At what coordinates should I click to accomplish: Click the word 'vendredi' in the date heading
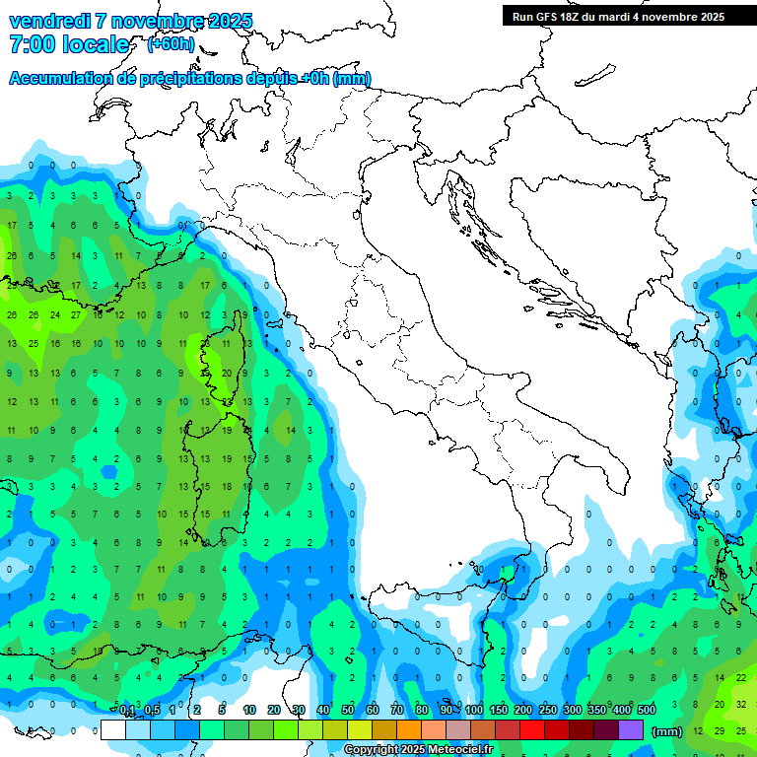click(x=48, y=21)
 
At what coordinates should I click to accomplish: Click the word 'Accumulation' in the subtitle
click(x=58, y=79)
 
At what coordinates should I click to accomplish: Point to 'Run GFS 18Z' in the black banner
click(x=545, y=17)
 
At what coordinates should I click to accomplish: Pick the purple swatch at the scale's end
click(x=633, y=729)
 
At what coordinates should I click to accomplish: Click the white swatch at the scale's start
click(x=113, y=729)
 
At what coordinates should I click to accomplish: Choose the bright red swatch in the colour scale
click(x=532, y=729)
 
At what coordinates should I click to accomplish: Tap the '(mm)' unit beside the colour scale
click(x=667, y=731)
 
